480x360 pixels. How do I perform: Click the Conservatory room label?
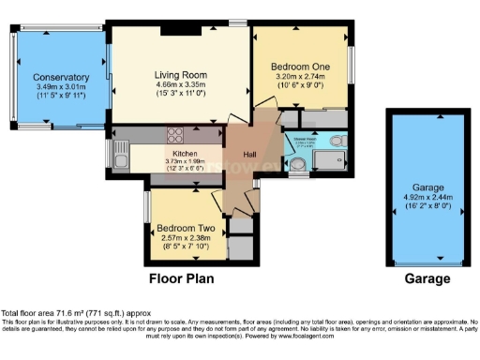[61, 78]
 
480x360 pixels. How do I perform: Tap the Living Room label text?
[181, 75]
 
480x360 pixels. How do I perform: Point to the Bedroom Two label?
[186, 229]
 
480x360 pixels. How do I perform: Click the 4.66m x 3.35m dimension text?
[181, 85]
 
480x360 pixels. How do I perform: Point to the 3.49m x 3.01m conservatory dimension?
[61, 88]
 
